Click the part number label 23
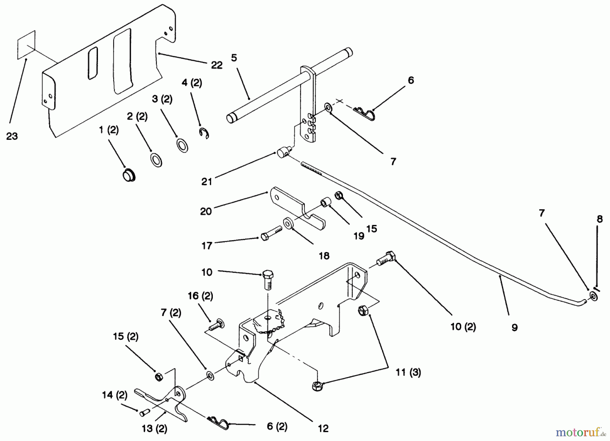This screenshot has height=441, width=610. tap(12, 136)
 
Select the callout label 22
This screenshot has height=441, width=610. tap(217, 65)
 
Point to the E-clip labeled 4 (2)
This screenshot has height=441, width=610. tap(204, 133)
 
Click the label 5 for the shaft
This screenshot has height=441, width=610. tap(234, 58)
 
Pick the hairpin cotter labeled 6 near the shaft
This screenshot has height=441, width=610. tap(364, 113)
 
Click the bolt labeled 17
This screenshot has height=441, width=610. tap(271, 233)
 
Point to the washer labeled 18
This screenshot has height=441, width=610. tap(289, 224)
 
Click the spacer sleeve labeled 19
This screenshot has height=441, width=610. tap(326, 204)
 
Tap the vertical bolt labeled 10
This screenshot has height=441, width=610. tap(268, 279)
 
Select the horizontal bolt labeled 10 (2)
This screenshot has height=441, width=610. tap(385, 261)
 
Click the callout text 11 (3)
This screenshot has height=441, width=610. tap(408, 373)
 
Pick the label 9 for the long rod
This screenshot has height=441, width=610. tap(514, 327)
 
